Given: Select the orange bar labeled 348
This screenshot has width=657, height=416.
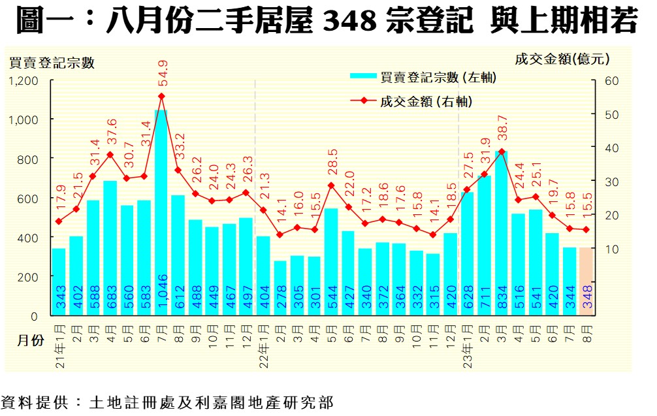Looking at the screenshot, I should tap(586, 281).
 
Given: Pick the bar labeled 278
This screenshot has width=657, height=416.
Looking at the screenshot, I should tap(280, 288).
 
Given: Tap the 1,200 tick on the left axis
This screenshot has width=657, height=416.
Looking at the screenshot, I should tap(24, 80).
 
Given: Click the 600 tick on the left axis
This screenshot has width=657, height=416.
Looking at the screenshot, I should tap(30, 198).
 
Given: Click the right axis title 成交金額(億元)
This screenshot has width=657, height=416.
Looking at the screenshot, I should tap(562, 59).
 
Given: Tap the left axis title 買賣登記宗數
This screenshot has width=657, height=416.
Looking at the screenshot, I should tap(52, 63).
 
